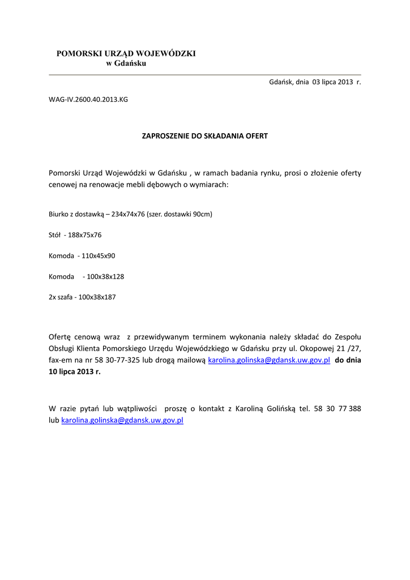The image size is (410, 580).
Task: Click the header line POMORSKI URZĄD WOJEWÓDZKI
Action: point(126,53)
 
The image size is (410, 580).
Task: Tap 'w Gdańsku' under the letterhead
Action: point(126,63)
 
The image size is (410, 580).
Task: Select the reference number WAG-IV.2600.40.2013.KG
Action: point(88,100)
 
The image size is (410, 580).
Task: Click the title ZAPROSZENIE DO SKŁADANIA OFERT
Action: point(204,137)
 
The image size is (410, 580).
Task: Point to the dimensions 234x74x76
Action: point(127,214)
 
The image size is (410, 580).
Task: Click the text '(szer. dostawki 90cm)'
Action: point(180,214)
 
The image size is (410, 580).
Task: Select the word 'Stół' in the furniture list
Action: point(55,234)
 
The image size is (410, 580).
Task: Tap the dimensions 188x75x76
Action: point(84,234)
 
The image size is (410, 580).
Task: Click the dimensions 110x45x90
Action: point(98,255)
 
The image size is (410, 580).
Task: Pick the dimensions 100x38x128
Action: point(105,276)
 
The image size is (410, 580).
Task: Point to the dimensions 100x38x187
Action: point(97,297)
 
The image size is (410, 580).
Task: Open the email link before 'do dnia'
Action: point(269,360)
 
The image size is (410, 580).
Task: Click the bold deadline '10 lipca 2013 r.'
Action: point(75,372)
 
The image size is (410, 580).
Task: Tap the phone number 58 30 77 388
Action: point(338,408)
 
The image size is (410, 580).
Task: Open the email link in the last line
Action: point(122,420)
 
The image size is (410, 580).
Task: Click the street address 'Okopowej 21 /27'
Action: point(334,348)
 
